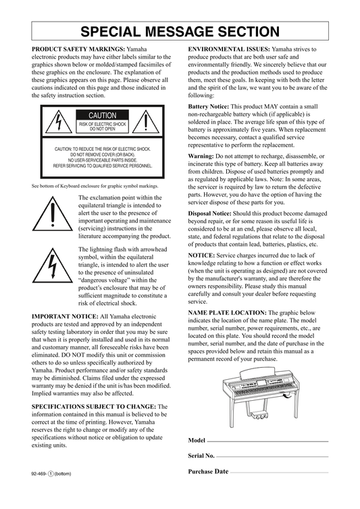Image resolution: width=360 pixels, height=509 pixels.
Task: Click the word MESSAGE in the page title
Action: tap(180, 32)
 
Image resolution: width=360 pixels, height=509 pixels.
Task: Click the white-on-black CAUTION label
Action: tap(103, 115)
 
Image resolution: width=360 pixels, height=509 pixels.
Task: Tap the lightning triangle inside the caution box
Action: tap(59, 122)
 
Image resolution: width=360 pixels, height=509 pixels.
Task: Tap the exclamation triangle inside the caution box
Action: tap(146, 122)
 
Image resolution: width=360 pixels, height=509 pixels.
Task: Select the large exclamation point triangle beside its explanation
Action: tap(52, 214)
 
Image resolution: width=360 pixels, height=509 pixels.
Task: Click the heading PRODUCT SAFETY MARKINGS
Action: tap(78, 49)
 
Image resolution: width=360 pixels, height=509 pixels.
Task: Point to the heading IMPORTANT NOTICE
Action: tap(65, 316)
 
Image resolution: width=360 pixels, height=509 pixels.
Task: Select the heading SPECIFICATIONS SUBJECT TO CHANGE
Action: tap(94, 406)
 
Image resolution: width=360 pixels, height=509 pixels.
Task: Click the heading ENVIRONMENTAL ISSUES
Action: tap(229, 49)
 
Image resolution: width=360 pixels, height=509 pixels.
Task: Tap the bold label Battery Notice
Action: tap(209, 107)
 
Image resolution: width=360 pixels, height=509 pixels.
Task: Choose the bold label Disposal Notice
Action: tap(210, 214)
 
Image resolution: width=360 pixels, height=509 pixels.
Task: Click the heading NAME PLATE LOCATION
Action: tap(228, 312)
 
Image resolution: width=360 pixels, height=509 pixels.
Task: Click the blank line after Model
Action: tap(267, 441)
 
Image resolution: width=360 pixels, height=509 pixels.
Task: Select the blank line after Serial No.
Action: tap(272, 457)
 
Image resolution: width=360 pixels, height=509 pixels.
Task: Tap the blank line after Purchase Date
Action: tap(279, 472)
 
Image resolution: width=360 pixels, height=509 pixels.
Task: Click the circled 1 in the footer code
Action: tap(51, 474)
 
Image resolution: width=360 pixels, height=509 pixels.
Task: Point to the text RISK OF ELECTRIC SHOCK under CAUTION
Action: tap(103, 124)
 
